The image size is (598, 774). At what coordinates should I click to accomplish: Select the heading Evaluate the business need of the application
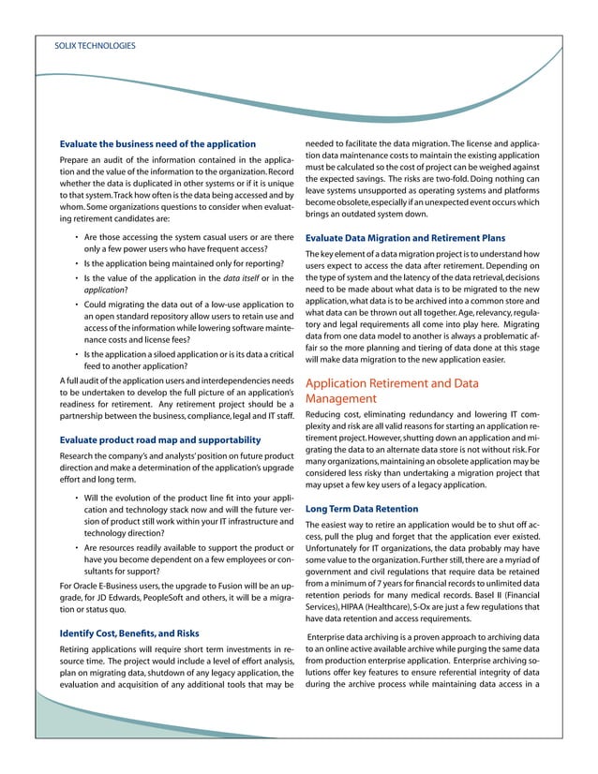[x=157, y=143]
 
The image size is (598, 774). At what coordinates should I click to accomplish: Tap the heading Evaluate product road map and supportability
[x=159, y=439]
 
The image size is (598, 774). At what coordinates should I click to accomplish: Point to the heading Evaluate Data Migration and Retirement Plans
[x=411, y=238]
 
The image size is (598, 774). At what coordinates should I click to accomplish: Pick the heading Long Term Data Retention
[x=362, y=509]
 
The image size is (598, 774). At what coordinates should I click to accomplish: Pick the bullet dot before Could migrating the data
[x=76, y=305]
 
